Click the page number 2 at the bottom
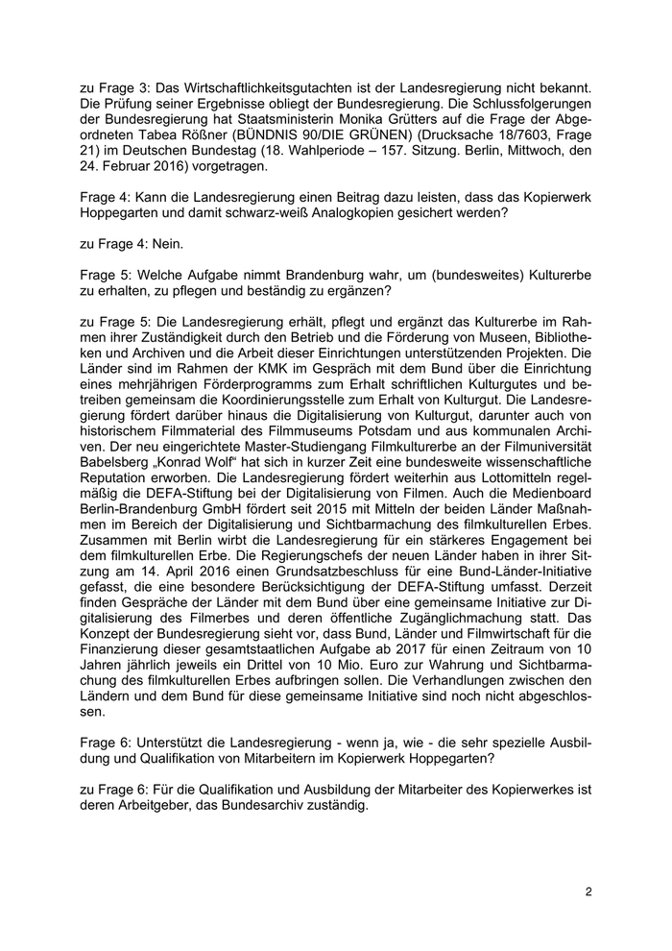coord(588,892)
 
